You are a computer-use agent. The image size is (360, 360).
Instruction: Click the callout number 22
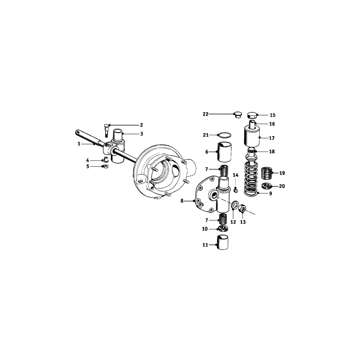(206, 114)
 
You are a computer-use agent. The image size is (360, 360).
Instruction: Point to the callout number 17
(272, 138)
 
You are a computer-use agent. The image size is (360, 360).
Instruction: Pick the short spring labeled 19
(266, 174)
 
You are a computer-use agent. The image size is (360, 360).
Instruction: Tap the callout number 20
(282, 186)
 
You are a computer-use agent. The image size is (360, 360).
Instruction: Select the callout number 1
(79, 143)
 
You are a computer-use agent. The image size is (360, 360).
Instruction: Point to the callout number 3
(141, 134)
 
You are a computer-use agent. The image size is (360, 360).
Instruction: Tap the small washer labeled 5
(106, 166)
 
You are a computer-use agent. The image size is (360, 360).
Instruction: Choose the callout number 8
(182, 201)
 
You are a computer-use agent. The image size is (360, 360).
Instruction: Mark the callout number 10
(205, 229)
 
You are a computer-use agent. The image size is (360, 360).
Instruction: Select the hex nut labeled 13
(242, 209)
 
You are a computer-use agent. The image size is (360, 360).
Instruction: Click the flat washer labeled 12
(233, 206)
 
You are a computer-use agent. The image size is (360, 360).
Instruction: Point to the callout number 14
(236, 175)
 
